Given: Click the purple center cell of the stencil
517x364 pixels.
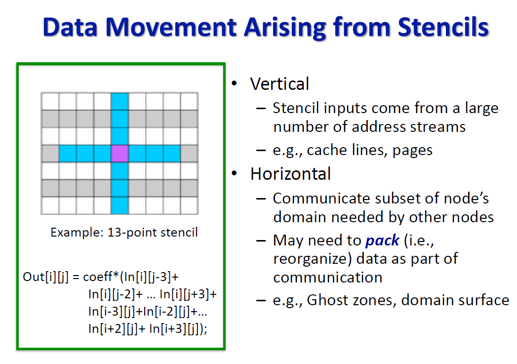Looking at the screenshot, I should pos(119,154).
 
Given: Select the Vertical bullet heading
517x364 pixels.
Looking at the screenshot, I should pos(279,84).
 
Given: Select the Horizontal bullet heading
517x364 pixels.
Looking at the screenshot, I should pos(290,174).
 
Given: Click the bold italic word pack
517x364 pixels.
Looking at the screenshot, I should pos(382,241).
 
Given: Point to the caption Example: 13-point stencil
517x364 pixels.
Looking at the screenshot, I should pos(124,232).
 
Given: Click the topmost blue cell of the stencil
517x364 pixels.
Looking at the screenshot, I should pos(119,101).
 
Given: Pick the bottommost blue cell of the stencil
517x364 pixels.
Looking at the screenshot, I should pos(119,205).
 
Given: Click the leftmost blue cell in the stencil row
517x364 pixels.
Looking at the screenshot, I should pos(68,154).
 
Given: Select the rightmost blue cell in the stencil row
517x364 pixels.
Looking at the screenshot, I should pos(171,154).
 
